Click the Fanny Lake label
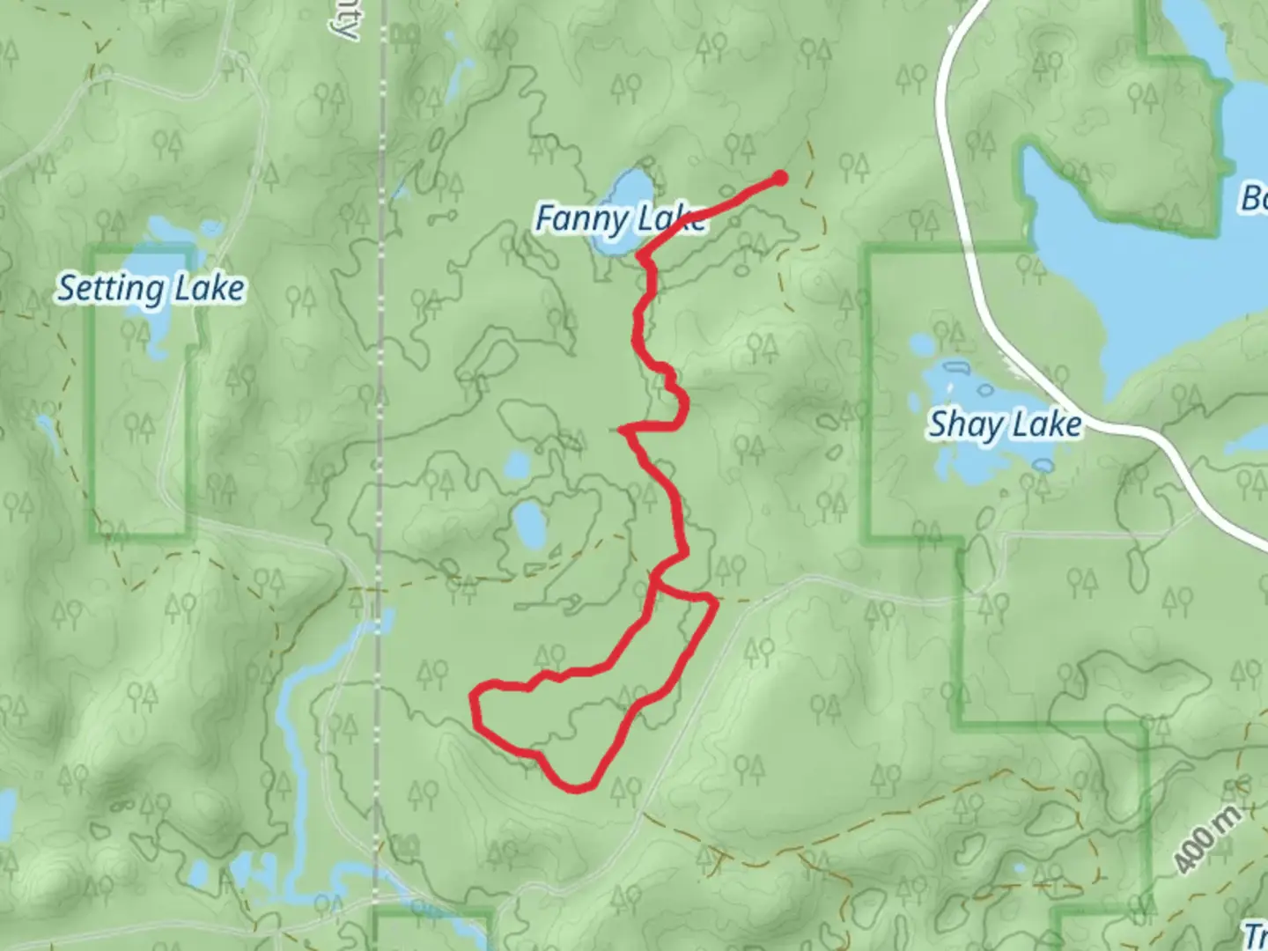coord(620,219)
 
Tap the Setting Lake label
coord(151,289)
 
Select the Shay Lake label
coord(1005,425)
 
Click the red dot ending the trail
coord(780,179)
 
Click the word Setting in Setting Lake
coord(111,289)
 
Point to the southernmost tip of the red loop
coord(577,786)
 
